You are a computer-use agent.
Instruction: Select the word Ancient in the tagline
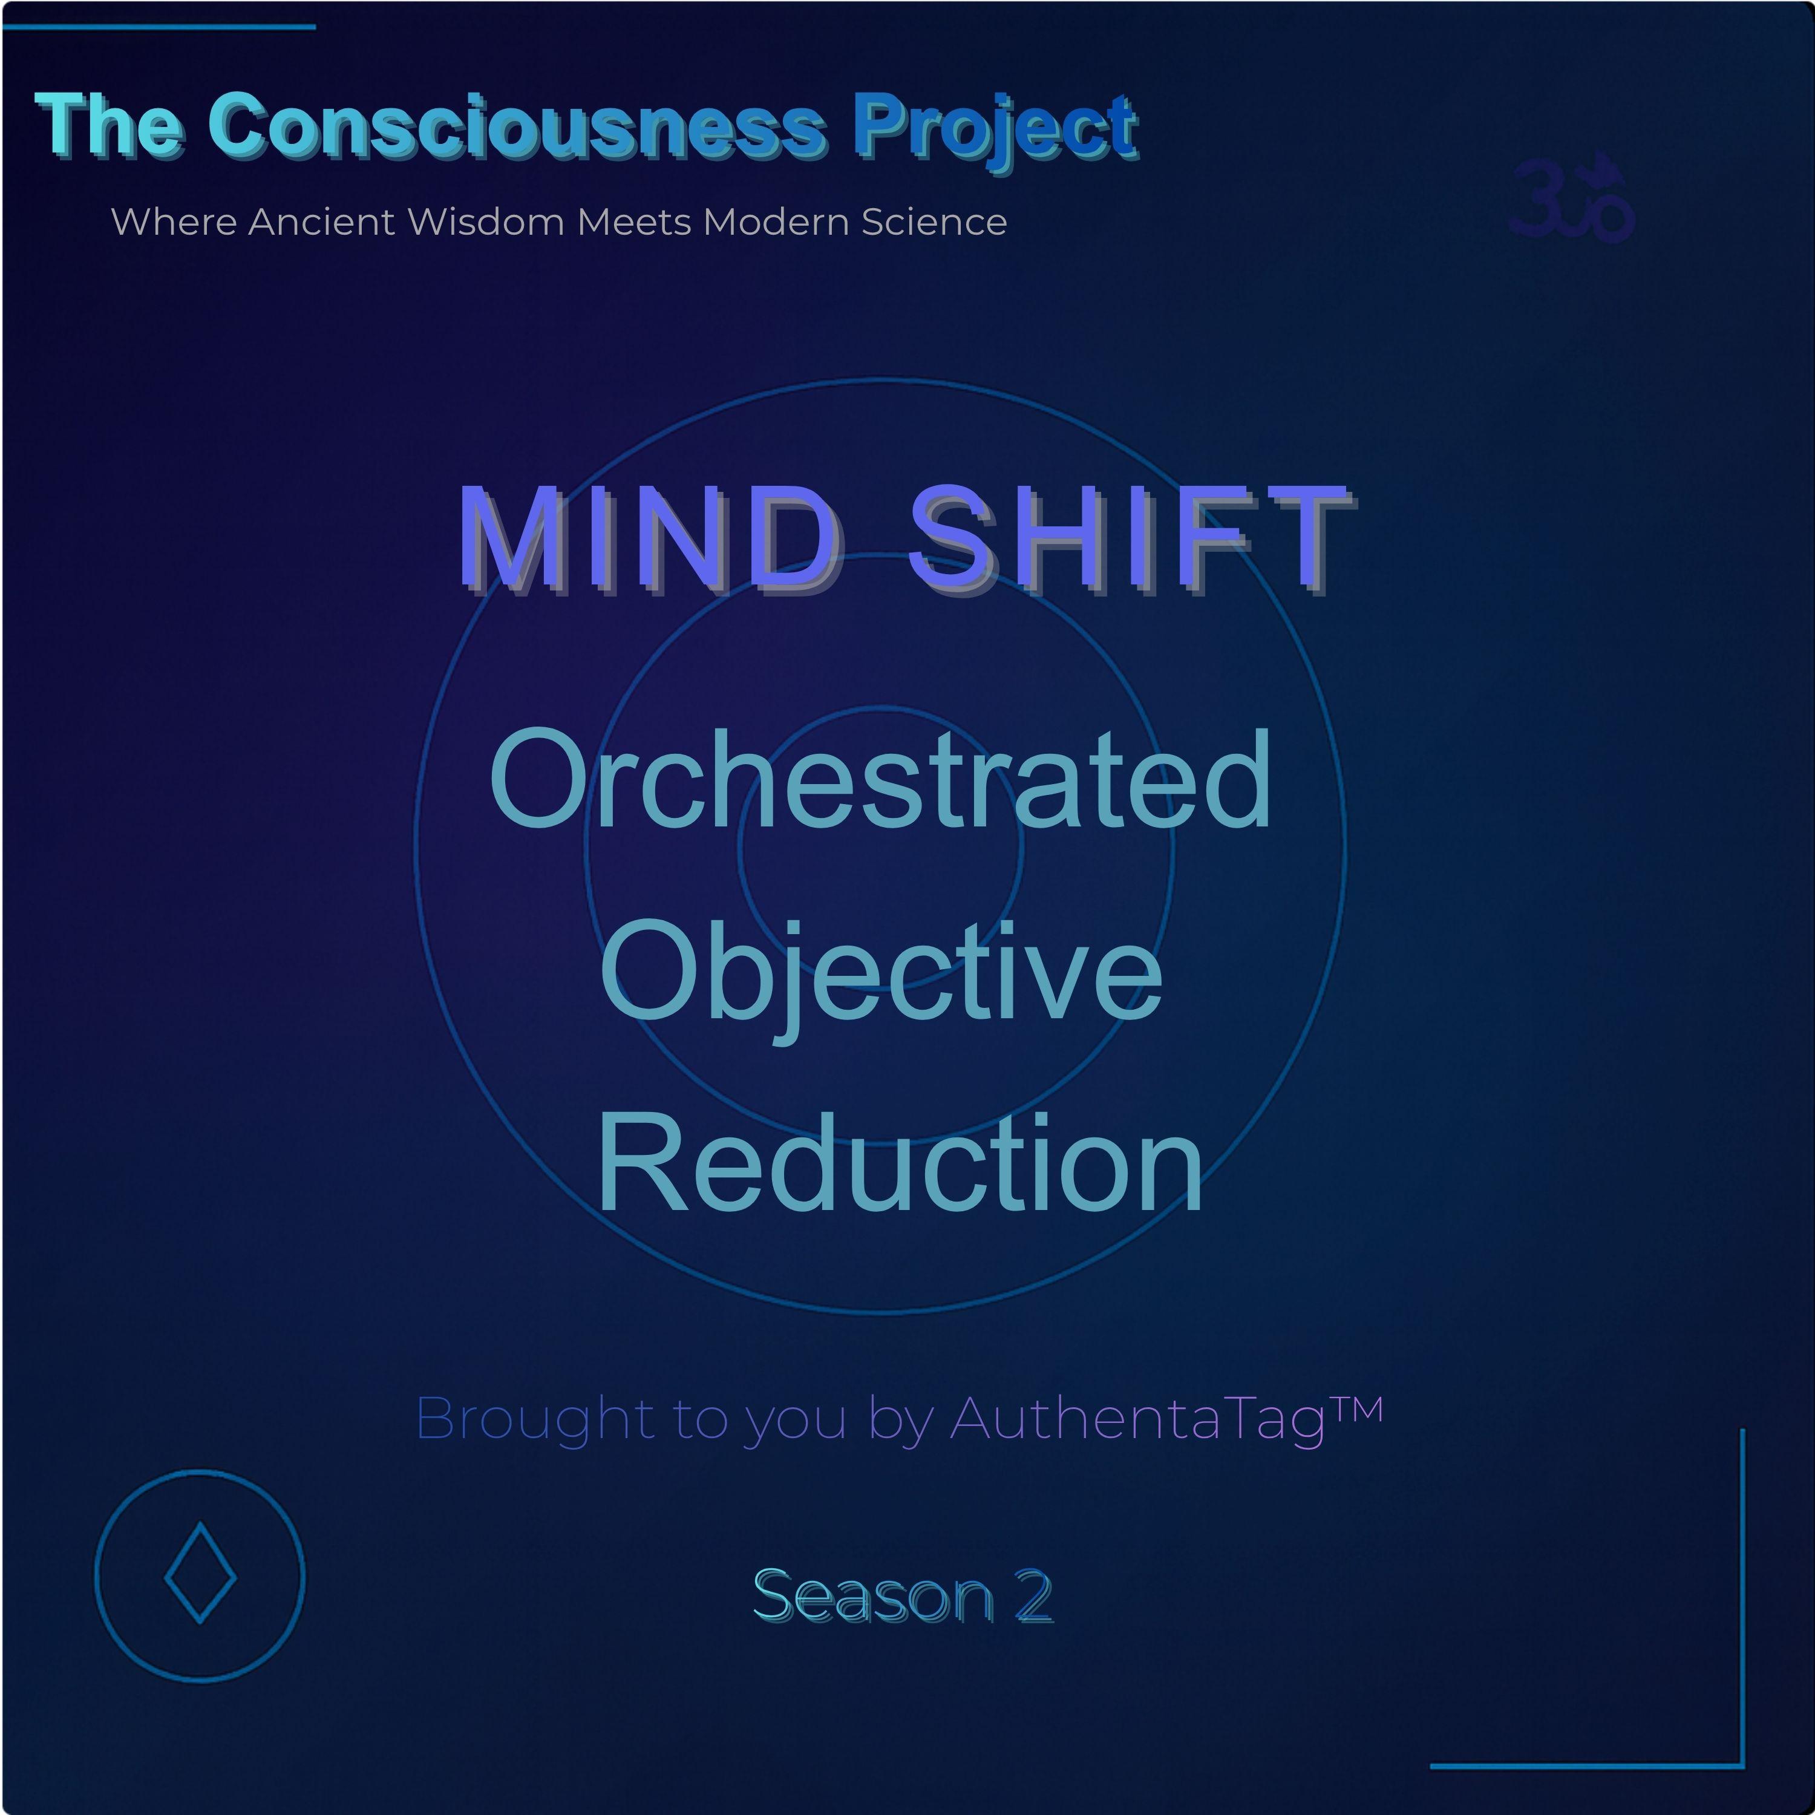coord(321,221)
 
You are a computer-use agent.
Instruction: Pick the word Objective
coord(881,978)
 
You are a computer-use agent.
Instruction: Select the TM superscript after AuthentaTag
coord(1355,1409)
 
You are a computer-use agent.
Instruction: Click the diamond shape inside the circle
coord(200,1572)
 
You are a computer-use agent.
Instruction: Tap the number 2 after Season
coord(1033,1596)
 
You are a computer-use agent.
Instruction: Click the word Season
coord(874,1596)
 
